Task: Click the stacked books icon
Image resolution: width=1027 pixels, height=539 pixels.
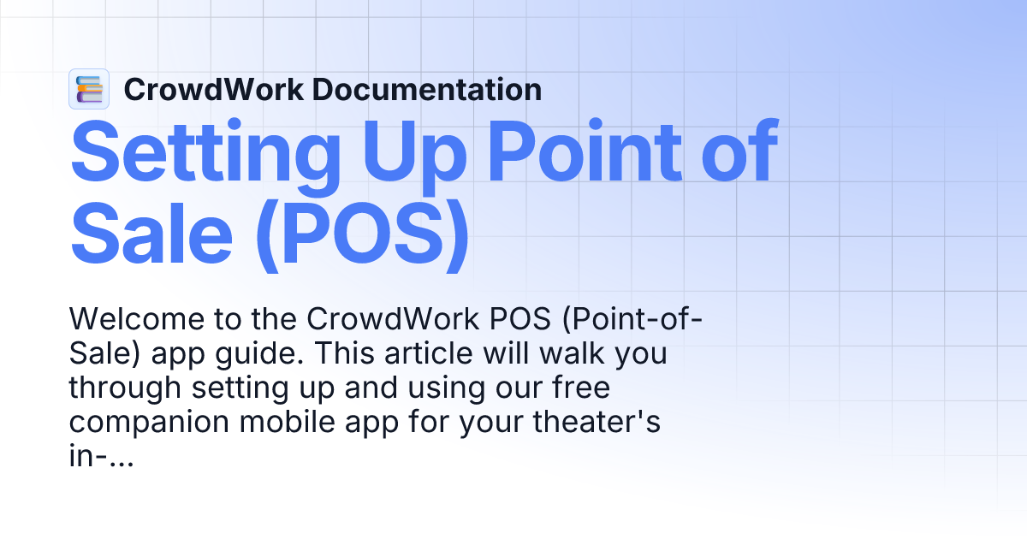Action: tap(89, 89)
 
